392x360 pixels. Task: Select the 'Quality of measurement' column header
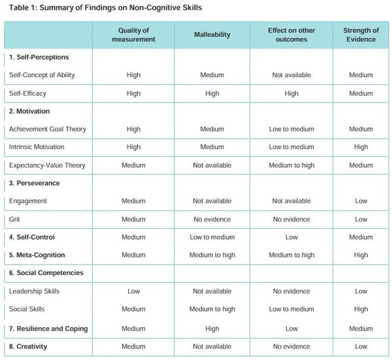tap(133, 35)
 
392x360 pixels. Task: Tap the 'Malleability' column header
tap(212, 35)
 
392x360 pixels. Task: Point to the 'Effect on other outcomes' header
tap(291, 35)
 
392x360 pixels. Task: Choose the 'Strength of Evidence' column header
tap(361, 35)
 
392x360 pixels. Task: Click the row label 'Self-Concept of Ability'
tap(42, 75)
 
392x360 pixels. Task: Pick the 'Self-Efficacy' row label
tap(27, 93)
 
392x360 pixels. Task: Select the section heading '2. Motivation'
tap(29, 112)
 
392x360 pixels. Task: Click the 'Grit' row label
tap(15, 220)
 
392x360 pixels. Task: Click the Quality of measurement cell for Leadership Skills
tap(133, 291)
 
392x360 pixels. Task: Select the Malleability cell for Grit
tap(212, 220)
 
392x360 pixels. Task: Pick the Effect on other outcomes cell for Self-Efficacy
tap(291, 93)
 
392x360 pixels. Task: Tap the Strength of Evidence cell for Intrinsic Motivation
tap(361, 148)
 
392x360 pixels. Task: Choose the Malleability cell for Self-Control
tap(212, 237)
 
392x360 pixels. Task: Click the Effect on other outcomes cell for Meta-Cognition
tap(291, 255)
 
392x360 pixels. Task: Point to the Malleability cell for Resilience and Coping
tap(212, 329)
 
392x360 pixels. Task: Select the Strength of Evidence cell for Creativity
tap(361, 346)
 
